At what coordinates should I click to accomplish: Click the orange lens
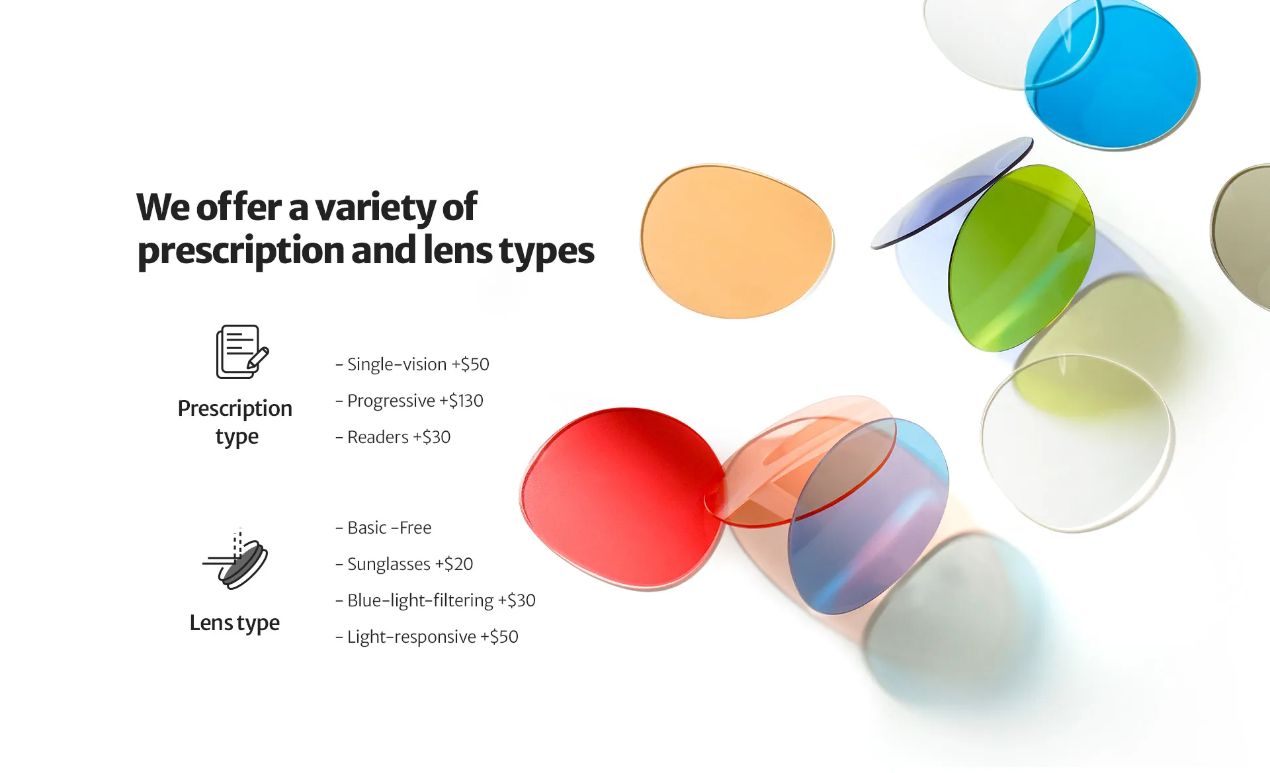736,241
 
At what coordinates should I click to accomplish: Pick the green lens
1021,258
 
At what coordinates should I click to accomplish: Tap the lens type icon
235,559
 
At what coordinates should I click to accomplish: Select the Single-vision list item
412,364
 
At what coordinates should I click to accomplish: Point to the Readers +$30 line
393,437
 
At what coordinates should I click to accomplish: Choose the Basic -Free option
384,528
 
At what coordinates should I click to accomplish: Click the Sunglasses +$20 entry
404,564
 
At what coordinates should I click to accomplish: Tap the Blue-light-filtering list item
435,600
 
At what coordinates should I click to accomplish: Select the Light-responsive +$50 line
427,637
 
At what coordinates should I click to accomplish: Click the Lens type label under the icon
235,623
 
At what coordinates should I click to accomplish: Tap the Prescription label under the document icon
235,409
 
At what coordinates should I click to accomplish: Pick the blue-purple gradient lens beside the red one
868,516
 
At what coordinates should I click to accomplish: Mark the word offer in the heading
239,207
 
